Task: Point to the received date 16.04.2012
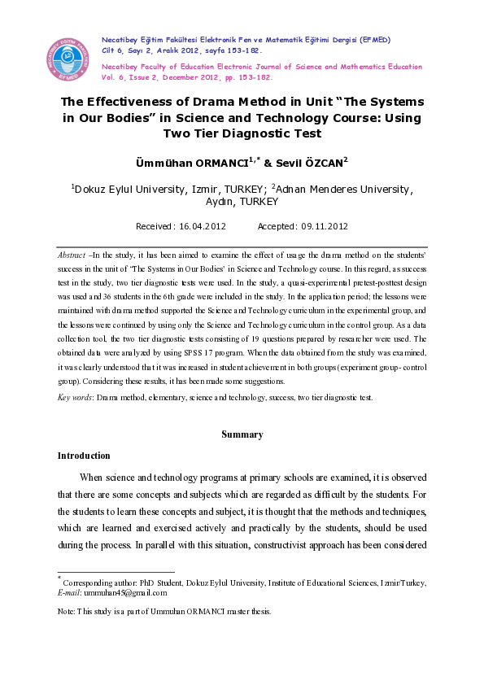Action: click(x=199, y=226)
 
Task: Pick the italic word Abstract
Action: click(x=72, y=255)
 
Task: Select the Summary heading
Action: click(x=242, y=434)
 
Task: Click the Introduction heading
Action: click(x=84, y=456)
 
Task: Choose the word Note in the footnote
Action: click(x=67, y=611)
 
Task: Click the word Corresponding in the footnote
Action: click(x=89, y=582)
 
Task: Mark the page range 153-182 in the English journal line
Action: click(x=252, y=79)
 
